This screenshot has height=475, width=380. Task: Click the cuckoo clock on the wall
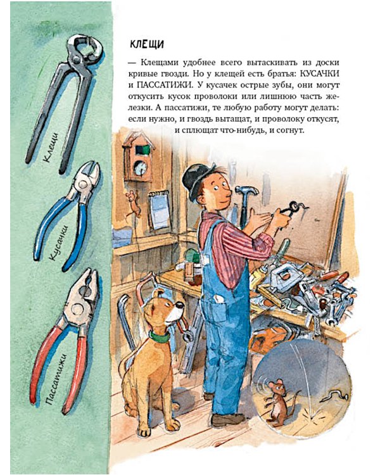(138, 158)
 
